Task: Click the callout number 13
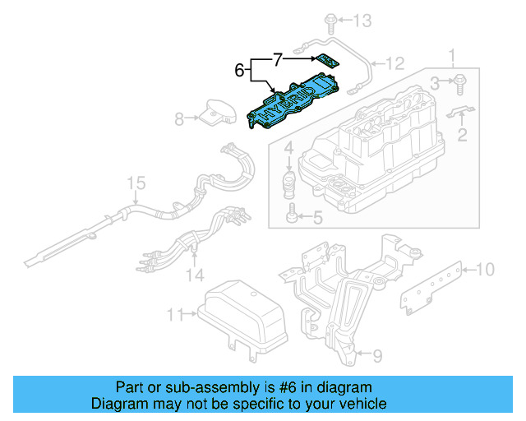point(363,19)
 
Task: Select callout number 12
point(396,62)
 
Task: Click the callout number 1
point(450,56)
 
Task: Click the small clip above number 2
point(462,113)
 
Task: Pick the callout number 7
point(278,59)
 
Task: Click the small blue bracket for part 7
point(327,61)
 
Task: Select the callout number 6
point(240,72)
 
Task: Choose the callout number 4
point(288,149)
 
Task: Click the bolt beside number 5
point(292,217)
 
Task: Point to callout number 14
point(195,273)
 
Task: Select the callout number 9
point(378,355)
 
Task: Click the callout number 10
point(485,269)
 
